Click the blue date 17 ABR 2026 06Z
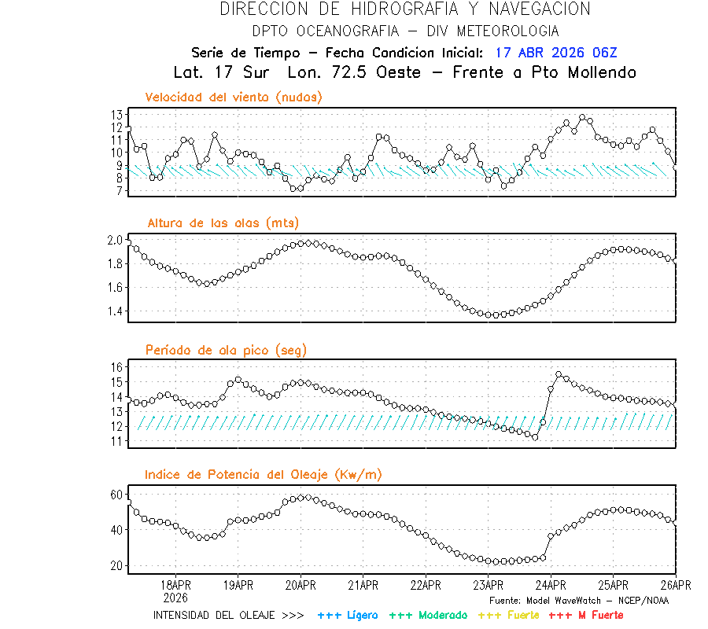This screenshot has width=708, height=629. click(x=556, y=53)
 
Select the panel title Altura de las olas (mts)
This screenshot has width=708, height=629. click(x=223, y=223)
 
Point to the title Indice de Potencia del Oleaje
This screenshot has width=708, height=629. click(x=264, y=474)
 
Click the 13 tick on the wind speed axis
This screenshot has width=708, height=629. click(x=116, y=115)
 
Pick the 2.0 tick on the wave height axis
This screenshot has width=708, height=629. click(x=114, y=241)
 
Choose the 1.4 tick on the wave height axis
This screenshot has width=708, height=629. click(x=114, y=311)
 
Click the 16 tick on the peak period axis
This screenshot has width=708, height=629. click(x=116, y=367)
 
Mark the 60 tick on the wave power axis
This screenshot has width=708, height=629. click(x=116, y=495)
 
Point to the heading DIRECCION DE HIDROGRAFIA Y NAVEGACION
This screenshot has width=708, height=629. click(x=405, y=9)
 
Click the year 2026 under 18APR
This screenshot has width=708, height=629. click(x=175, y=597)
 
